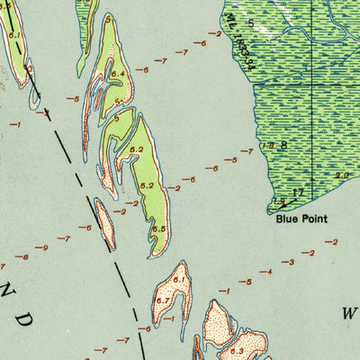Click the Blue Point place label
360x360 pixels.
(301, 218)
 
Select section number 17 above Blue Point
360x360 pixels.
(299, 192)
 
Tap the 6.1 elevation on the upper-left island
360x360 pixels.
(13, 34)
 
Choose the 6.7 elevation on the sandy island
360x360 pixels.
(162, 301)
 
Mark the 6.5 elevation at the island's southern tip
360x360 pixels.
(159, 229)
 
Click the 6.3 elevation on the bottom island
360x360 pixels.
(237, 351)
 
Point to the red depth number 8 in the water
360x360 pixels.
(25, 256)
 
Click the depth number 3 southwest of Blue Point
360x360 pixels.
(290, 262)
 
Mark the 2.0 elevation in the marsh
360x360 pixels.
(341, 175)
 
